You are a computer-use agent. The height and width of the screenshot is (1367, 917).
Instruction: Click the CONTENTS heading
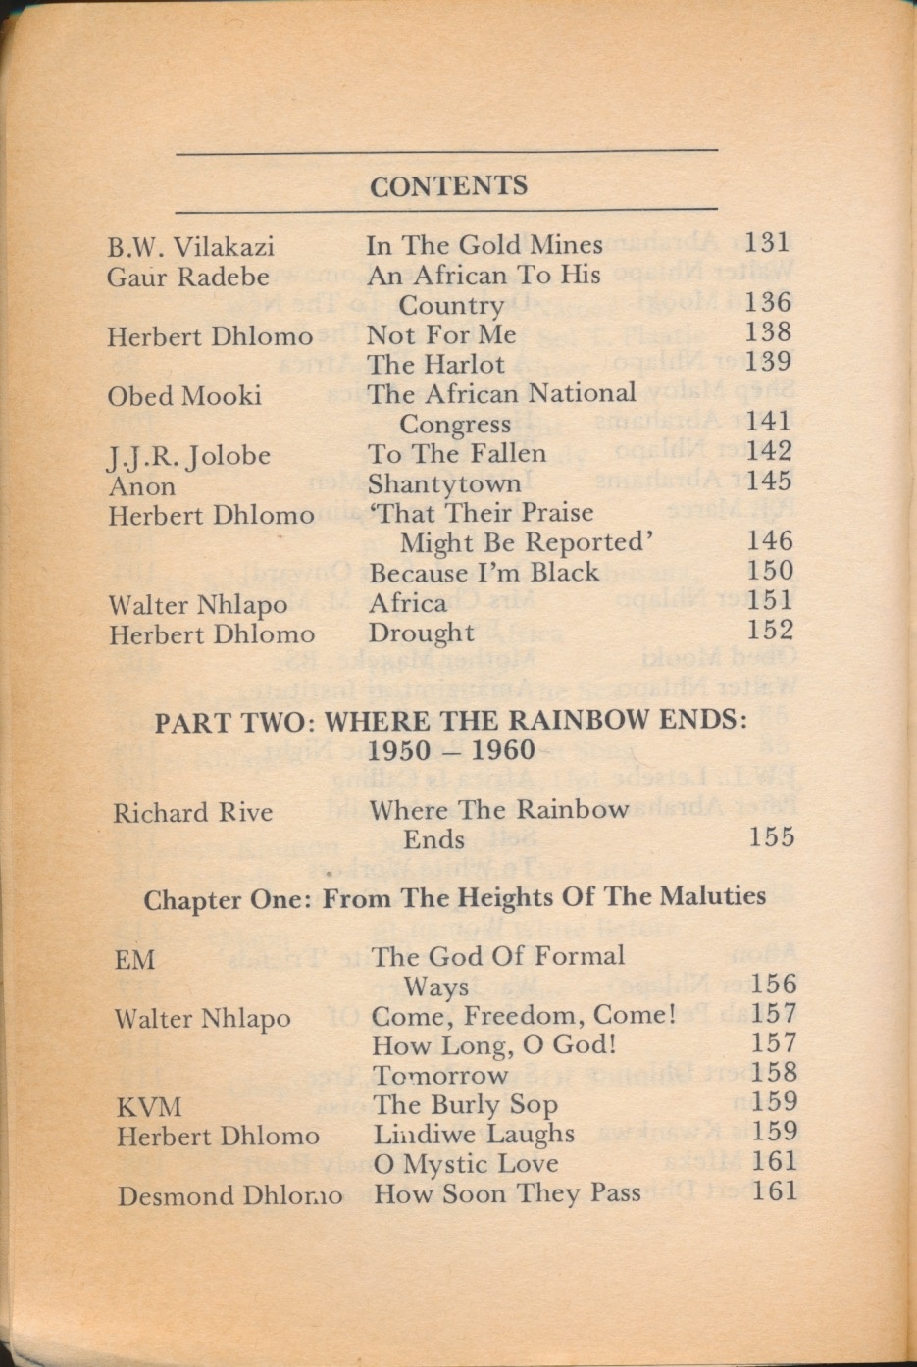pos(448,185)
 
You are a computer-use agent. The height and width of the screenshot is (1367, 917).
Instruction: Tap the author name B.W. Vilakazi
pos(190,247)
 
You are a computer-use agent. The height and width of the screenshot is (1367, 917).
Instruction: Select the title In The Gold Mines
pos(484,245)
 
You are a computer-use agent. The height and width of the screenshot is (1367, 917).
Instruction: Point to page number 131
pos(767,242)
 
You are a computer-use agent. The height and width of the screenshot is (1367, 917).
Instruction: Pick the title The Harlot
pos(435,364)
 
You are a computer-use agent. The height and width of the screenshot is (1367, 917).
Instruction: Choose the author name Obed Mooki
pos(184,396)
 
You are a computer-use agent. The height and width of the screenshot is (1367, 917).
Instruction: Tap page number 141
pos(768,422)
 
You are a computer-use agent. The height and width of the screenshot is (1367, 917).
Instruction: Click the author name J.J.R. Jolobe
pos(189,456)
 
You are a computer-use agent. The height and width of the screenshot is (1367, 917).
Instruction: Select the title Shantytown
pos(444,483)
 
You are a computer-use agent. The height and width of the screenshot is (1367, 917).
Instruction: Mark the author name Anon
pos(142,485)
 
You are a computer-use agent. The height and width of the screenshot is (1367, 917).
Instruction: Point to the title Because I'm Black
pos(483,572)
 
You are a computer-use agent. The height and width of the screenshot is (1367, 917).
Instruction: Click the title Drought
pos(421,633)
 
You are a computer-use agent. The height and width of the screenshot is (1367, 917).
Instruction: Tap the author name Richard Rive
pos(192,813)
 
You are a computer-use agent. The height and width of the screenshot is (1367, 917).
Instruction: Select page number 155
pos(771,837)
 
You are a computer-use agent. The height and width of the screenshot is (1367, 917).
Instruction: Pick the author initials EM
pos(135,959)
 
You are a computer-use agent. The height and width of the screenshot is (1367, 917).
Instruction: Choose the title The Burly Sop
pos(465,1104)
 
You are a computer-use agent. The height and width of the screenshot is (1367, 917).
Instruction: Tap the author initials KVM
pos(149,1107)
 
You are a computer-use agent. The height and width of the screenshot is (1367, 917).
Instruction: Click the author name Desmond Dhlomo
pos(229,1196)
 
